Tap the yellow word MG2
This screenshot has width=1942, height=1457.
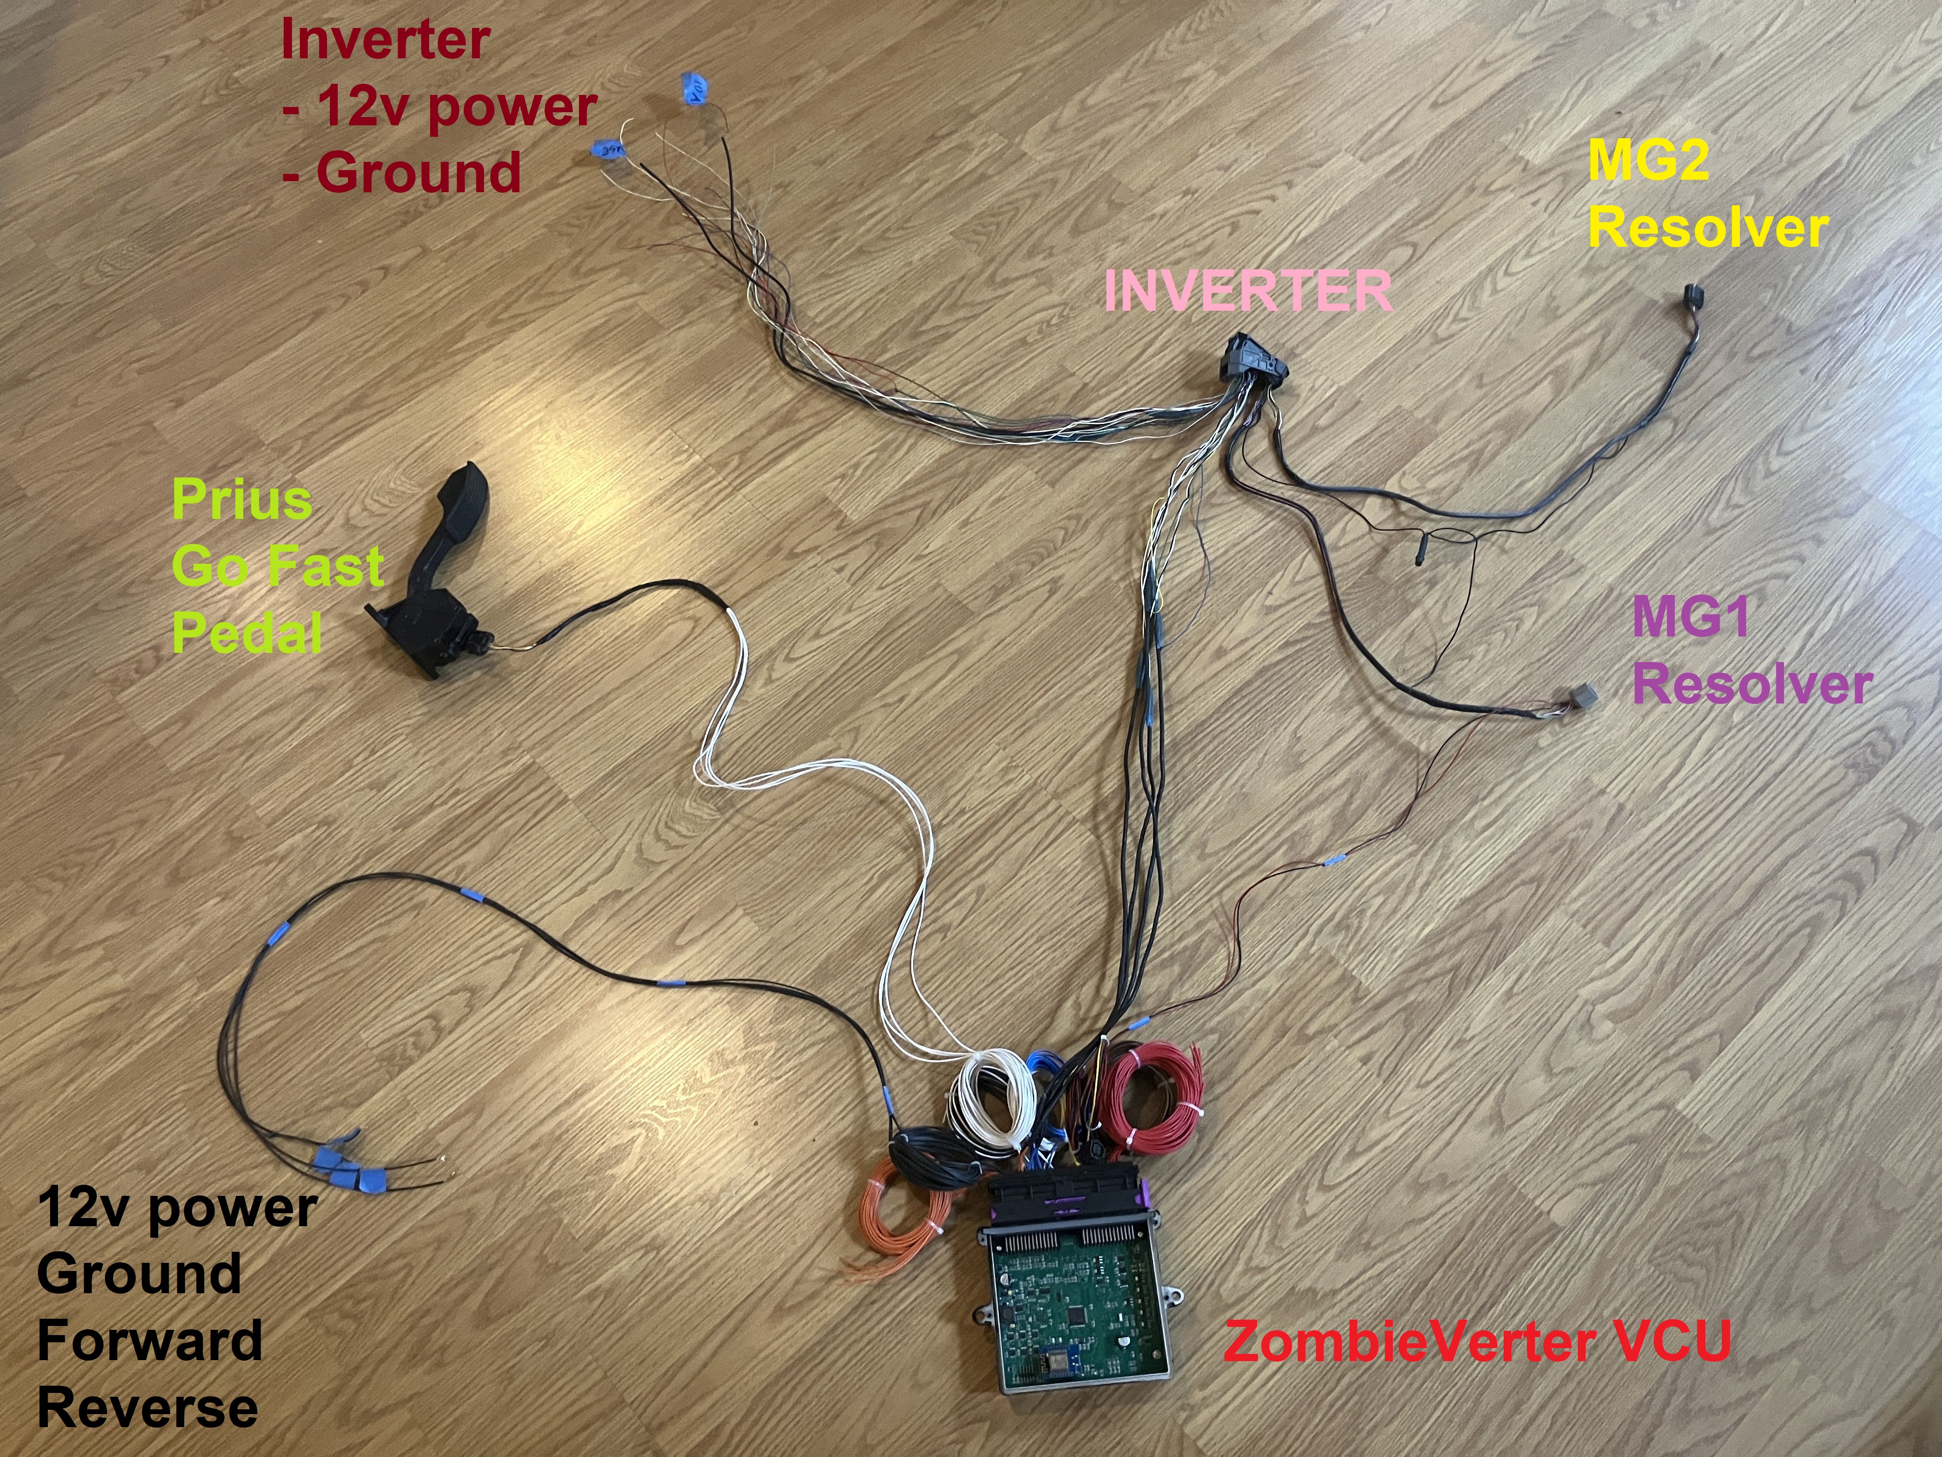click(1648, 161)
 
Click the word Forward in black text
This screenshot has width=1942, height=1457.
click(149, 1340)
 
